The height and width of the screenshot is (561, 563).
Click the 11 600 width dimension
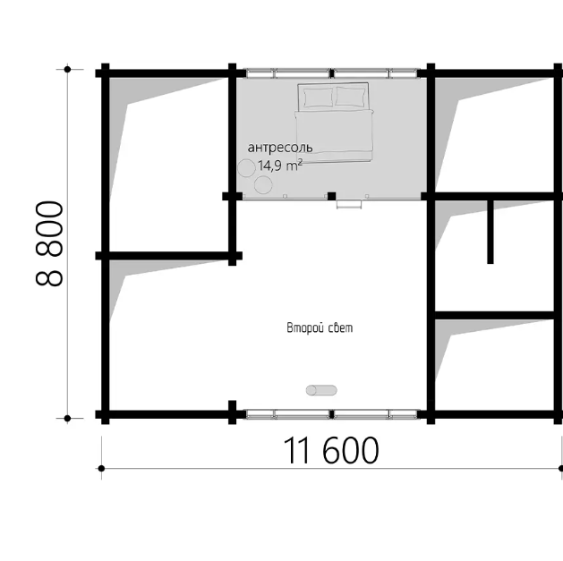coord(330,450)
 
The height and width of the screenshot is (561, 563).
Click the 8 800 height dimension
coord(49,243)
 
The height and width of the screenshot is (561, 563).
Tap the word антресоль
coord(280,147)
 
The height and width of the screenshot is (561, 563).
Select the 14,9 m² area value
coord(280,166)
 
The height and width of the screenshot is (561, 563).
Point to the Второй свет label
coord(320,327)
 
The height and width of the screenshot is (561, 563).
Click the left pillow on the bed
coord(318,98)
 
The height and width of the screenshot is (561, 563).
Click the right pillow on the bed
coord(352,97)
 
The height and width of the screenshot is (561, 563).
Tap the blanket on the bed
coord(334,136)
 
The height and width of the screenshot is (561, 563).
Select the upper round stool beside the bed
coord(246,167)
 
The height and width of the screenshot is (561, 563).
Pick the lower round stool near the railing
coord(263,185)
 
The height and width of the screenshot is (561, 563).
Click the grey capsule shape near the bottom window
coord(321,390)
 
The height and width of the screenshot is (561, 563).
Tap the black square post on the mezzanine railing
coord(332,196)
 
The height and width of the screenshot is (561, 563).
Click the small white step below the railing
coord(349,205)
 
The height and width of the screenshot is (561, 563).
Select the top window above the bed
coord(332,73)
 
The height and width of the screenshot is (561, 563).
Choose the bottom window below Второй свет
coord(332,414)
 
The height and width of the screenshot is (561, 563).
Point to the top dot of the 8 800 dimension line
coord(67,69)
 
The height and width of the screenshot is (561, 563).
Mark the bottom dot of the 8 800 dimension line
coord(67,418)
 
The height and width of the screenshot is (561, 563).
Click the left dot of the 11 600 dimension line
coord(102,469)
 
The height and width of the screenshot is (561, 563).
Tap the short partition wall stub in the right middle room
coord(490,232)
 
